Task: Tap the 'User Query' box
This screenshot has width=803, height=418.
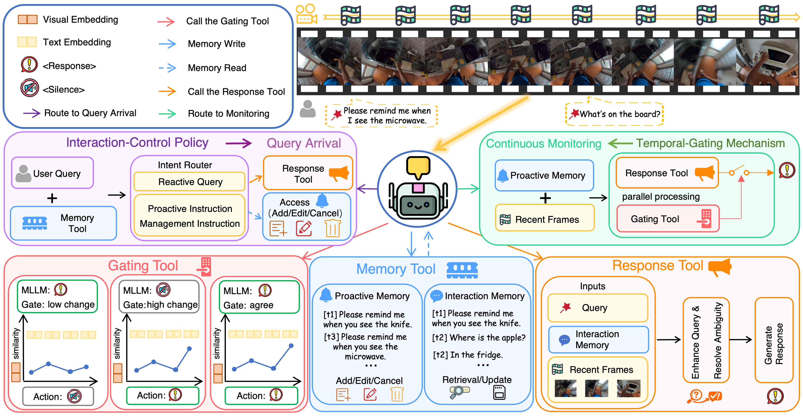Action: click(52, 173)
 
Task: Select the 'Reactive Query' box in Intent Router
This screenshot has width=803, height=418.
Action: click(190, 181)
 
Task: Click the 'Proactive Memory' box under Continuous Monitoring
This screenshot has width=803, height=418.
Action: click(544, 176)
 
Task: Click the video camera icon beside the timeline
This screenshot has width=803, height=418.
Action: click(306, 14)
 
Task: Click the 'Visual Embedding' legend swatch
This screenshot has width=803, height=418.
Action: click(28, 19)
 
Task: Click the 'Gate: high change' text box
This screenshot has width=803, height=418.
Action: click(159, 297)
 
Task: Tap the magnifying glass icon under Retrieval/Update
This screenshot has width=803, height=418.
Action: click(459, 392)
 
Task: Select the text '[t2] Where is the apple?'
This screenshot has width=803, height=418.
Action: click(479, 338)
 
